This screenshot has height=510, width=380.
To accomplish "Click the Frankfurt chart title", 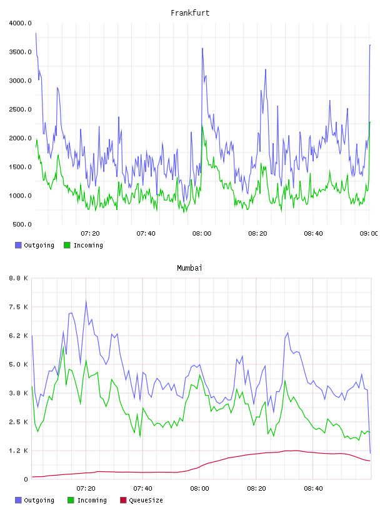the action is pos(190,13).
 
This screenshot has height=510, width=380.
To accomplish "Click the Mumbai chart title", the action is pos(189,267).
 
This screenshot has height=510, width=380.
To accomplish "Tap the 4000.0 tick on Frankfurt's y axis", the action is pos(20,23).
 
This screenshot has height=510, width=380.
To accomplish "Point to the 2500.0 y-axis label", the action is pos(20,109).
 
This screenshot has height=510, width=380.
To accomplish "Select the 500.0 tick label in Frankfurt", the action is pos(22,224).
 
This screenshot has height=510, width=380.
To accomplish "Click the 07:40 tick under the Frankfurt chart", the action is pos(146,234).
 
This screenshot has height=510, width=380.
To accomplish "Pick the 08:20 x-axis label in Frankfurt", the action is pos(257,234).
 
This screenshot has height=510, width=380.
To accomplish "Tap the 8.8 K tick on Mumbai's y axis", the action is pos(18,278).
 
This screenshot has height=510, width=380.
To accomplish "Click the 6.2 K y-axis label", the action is pos(18,336).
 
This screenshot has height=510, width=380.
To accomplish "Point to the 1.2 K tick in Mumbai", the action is pos(18,451).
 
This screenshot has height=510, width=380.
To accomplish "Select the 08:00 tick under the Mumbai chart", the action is pos(199,489).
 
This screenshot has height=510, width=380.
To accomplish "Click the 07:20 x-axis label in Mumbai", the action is pos(86,489).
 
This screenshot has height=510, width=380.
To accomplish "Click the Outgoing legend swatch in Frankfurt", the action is pos(18,245).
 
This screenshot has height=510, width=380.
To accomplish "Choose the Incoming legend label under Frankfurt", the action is pos(88,245).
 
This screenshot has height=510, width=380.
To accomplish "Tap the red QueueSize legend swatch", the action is pos(123,500).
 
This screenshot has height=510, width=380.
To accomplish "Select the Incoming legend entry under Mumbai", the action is pos(87,500).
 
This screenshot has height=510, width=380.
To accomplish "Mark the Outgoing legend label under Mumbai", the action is pos(39,500).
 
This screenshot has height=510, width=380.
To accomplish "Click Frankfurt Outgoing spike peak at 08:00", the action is pos(202,48).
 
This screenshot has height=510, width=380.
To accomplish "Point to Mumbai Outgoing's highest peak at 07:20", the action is pos(86,301).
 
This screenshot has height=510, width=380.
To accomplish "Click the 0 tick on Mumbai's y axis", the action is pos(26,479).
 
